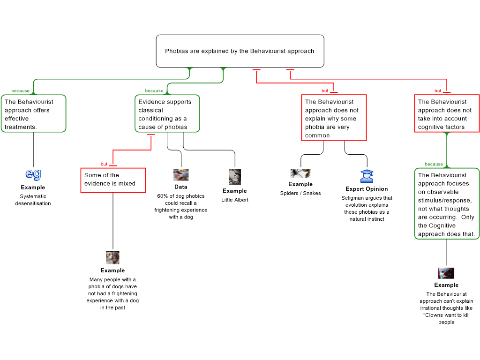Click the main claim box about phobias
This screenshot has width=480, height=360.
click(240, 51)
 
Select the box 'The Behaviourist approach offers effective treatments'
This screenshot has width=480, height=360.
click(33, 114)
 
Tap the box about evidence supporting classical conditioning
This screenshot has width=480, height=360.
click(167, 114)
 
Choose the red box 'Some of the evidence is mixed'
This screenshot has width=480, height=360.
click(113, 180)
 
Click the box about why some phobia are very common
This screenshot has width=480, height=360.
click(333, 118)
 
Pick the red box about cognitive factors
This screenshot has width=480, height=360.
click(447, 114)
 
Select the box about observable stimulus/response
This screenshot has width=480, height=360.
click(447, 204)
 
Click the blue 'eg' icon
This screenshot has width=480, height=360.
click(33, 174)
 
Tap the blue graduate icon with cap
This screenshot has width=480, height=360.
click(367, 176)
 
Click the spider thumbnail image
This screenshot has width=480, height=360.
click(300, 174)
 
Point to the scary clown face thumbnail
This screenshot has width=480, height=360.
click(446, 273)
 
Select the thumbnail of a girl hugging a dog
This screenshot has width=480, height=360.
click(112, 258)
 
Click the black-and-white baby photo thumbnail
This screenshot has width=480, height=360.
click(235, 177)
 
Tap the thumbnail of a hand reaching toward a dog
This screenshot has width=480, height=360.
click(181, 175)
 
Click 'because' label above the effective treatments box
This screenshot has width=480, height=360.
click(21, 90)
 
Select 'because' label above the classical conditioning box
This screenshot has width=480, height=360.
click(154, 90)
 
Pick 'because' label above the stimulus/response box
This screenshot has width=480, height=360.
click(434, 164)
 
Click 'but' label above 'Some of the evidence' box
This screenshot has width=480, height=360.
click(104, 164)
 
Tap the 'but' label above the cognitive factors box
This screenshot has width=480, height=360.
click(438, 90)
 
